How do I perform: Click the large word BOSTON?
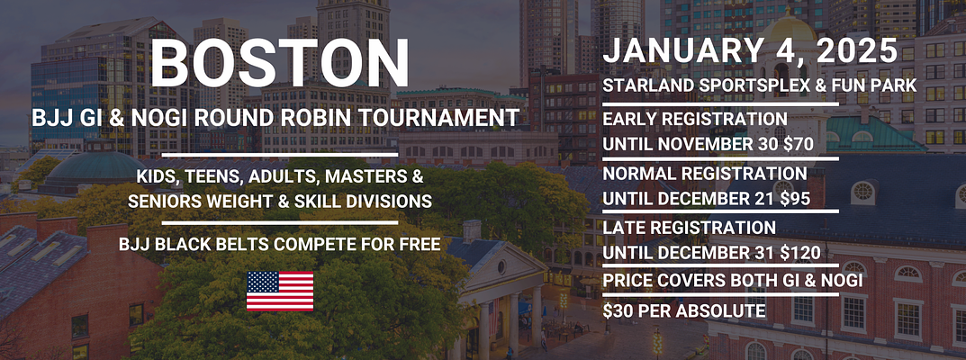(x=279, y=63)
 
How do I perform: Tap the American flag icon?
(x=280, y=291)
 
